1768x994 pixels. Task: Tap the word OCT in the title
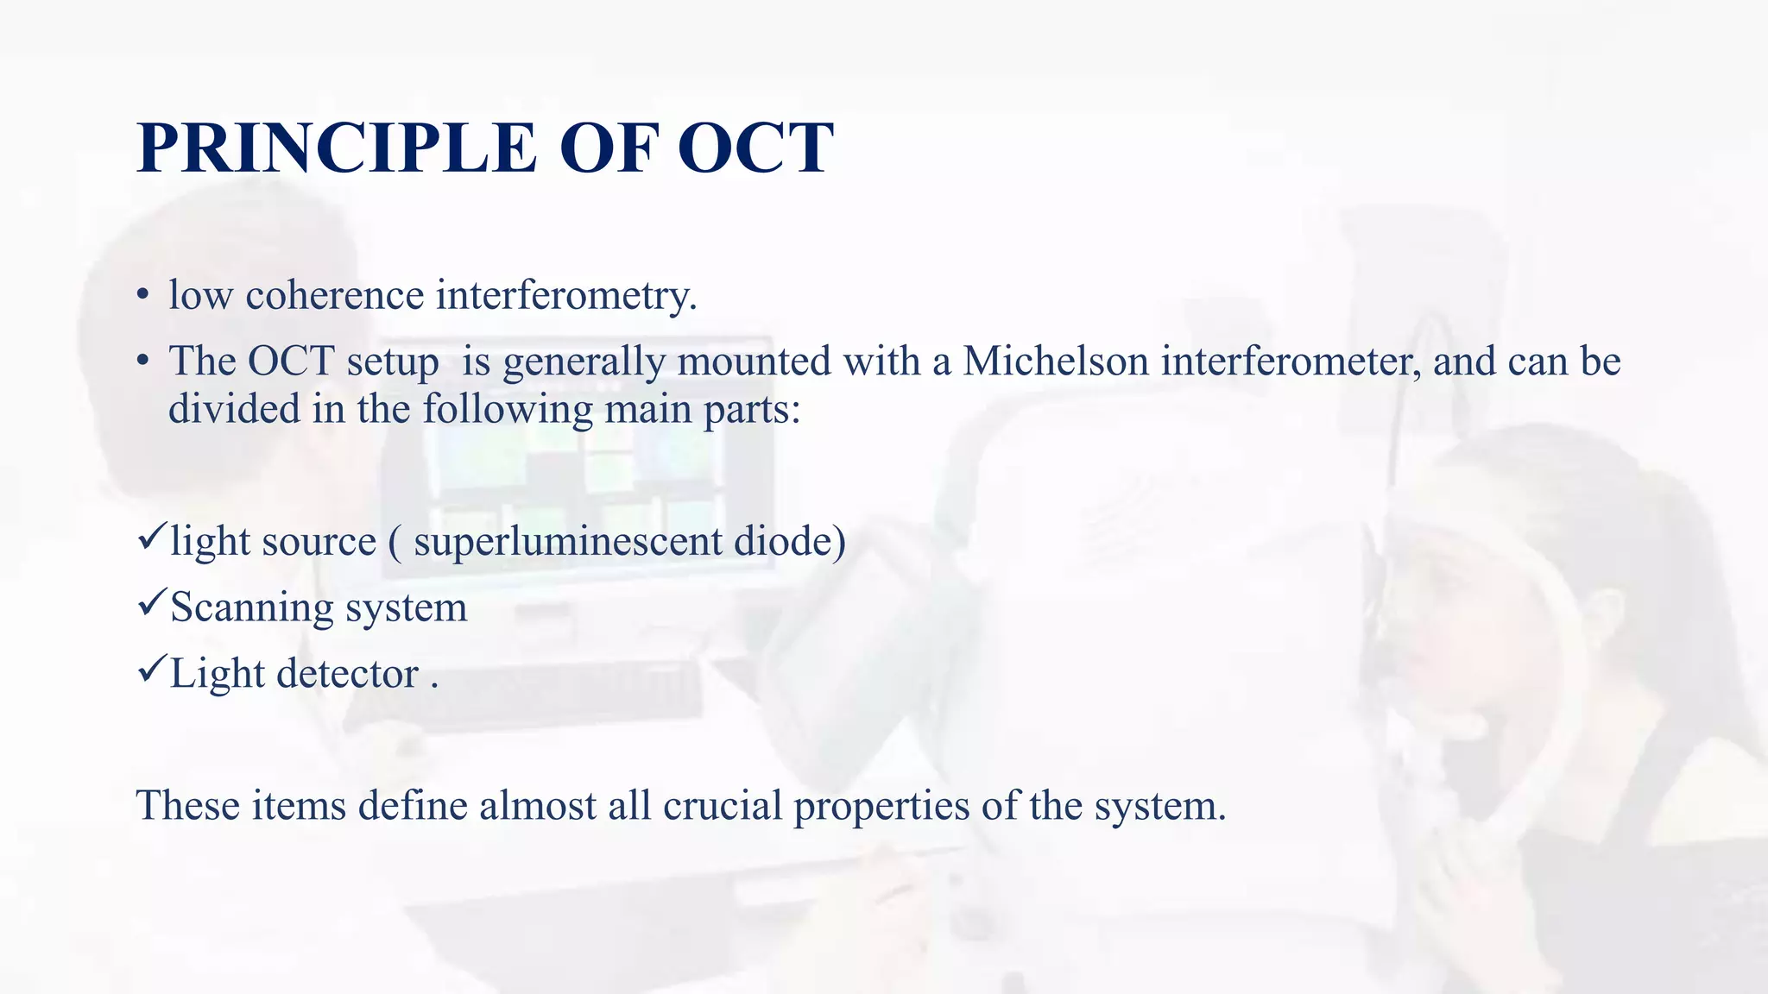coord(755,148)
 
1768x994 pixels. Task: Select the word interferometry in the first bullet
coord(565,296)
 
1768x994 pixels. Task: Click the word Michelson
coord(1056,361)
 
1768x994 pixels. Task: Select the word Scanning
coord(251,608)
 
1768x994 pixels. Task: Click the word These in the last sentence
coord(187,806)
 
